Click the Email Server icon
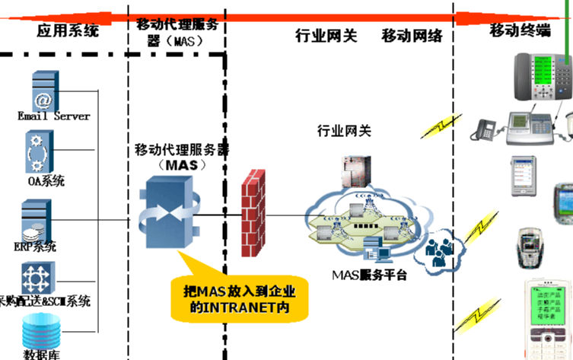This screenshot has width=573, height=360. pos(44,91)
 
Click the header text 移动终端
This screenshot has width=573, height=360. pos(520,30)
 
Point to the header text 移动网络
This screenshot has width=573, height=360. pos(412,36)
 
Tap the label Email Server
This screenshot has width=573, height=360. pos(53,116)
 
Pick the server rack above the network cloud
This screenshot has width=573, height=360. pos(354,172)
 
